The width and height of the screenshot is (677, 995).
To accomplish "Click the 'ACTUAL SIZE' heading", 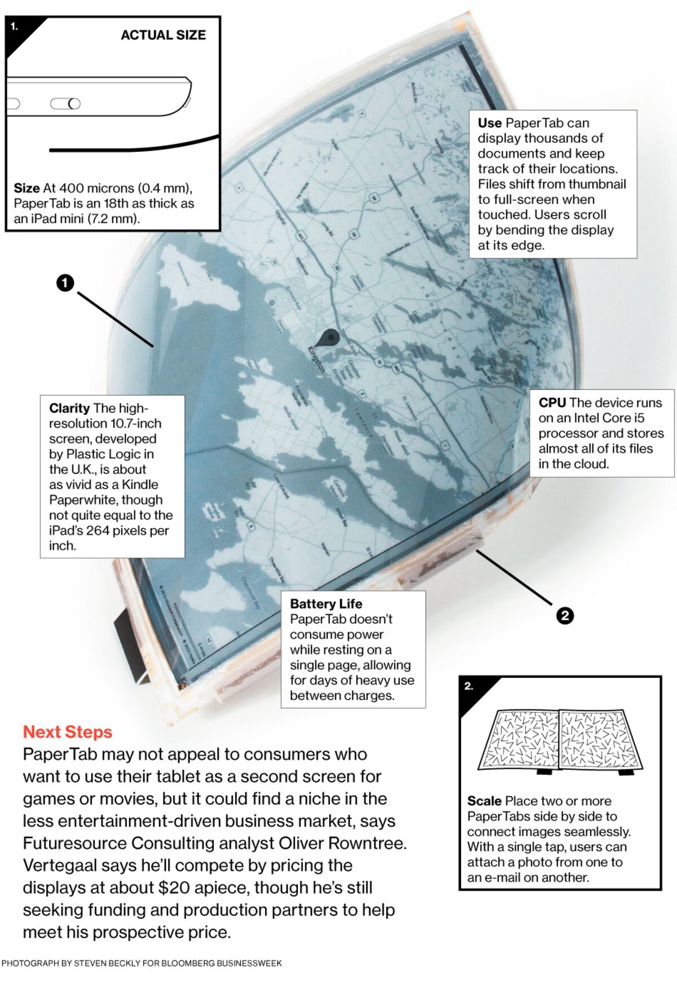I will click(163, 35).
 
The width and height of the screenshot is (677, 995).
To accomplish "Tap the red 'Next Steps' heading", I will click(68, 732).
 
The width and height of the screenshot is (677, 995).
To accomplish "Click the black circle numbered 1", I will click(65, 283).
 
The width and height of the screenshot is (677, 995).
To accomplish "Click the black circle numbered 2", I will click(565, 615).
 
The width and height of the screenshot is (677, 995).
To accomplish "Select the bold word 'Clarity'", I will click(69, 408).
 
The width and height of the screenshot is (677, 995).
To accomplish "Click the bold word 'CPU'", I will click(552, 402).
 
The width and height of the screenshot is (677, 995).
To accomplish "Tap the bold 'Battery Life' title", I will click(326, 603).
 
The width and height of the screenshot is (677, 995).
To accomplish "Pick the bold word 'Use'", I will click(489, 123).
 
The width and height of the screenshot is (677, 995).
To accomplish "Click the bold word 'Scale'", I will click(484, 801).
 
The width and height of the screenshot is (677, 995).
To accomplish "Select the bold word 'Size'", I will click(27, 188).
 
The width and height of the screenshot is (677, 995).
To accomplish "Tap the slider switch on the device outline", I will click(65, 104).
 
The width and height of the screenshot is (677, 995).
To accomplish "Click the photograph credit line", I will click(142, 963).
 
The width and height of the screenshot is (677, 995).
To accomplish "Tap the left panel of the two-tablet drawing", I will click(520, 739).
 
